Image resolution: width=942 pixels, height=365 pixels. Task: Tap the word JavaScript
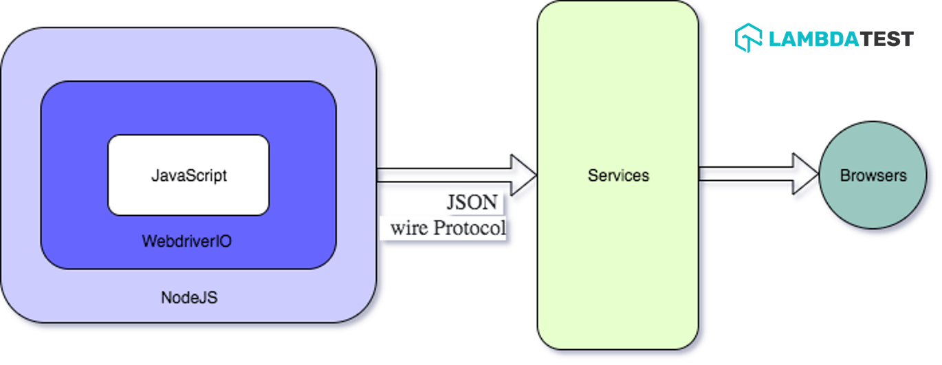[x=189, y=175]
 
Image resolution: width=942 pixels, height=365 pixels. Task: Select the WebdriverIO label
[x=186, y=241]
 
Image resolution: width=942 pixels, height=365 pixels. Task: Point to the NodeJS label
[x=189, y=298]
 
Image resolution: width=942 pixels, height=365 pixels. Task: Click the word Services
[x=618, y=175]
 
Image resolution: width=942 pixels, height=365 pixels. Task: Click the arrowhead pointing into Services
[x=523, y=175]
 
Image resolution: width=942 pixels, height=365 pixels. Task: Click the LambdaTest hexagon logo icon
[x=748, y=38]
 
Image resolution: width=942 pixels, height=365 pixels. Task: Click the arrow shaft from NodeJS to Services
[x=443, y=175]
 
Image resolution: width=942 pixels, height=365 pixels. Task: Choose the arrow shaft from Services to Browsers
[x=746, y=175]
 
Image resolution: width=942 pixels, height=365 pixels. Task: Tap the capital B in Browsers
[x=845, y=175]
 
